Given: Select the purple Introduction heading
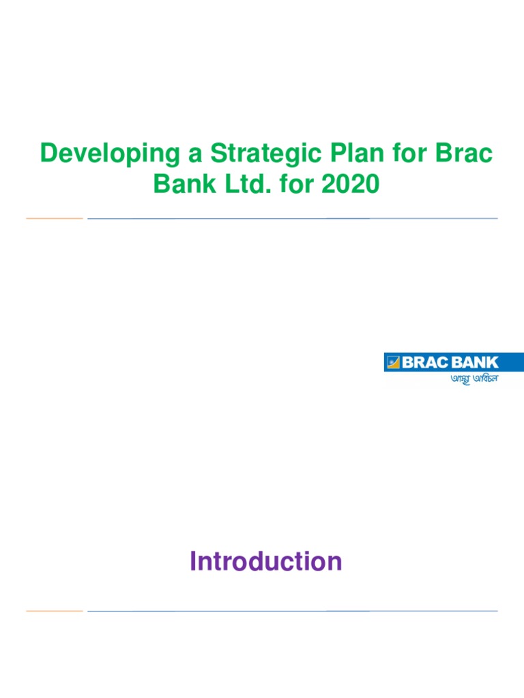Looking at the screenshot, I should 265,562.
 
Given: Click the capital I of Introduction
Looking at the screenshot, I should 193,562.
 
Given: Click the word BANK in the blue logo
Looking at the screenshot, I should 474,363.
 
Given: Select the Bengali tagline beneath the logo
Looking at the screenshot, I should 474,378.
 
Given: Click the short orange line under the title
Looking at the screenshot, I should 54,218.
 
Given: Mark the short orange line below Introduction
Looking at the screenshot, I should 54,611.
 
